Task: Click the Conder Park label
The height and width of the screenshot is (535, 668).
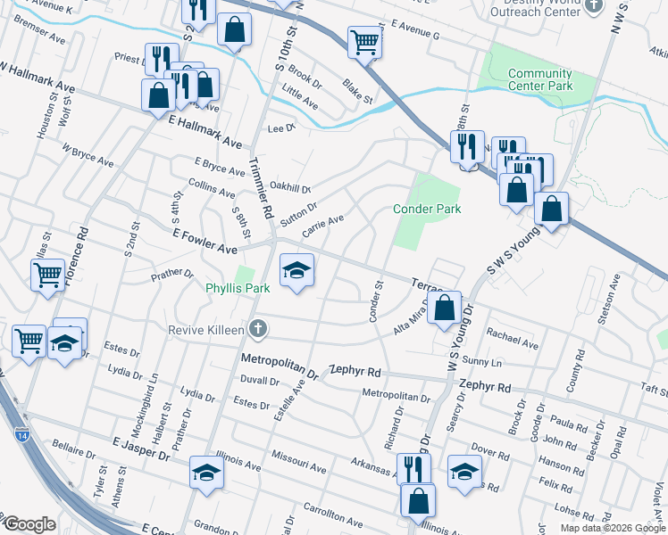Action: (x=427, y=209)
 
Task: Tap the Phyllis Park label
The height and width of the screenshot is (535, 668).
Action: (x=238, y=289)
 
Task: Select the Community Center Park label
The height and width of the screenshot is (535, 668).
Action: (x=539, y=80)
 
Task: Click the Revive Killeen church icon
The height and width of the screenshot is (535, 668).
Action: (x=258, y=330)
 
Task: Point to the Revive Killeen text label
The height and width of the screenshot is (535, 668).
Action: (x=205, y=330)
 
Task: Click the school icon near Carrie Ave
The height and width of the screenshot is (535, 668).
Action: (x=296, y=270)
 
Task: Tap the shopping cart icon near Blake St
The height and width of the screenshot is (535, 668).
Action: (x=364, y=41)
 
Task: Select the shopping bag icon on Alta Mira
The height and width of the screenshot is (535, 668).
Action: (x=444, y=308)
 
